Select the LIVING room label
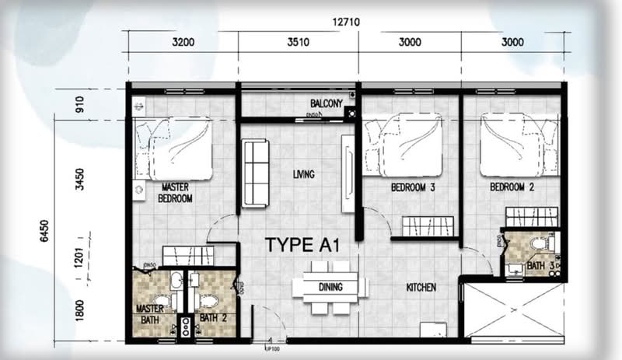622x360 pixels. pyautogui.click(x=304, y=174)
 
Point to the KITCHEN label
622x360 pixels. pyautogui.click(x=421, y=288)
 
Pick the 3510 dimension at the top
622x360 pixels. pyautogui.click(x=299, y=43)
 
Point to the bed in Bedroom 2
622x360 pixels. pyautogui.click(x=519, y=145)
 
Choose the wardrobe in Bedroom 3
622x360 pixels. pyautogui.click(x=428, y=226)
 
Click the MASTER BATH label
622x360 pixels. pyautogui.click(x=150, y=313)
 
